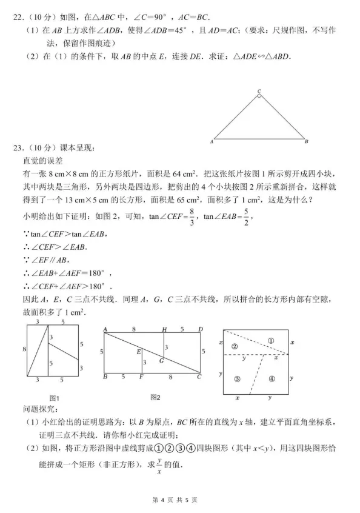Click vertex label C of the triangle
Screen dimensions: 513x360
tap(259, 92)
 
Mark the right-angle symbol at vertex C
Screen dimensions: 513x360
tap(259, 96)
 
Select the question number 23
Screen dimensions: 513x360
tap(19, 147)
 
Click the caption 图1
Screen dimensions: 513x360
tap(53, 398)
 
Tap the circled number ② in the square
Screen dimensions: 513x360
tap(234, 346)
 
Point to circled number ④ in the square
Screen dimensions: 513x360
tap(271, 379)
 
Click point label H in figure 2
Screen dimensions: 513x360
tap(164, 329)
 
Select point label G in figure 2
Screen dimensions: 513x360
tap(161, 360)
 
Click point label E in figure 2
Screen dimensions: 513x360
tap(139, 351)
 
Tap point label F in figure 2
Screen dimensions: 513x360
tap(141, 377)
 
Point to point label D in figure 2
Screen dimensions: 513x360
tap(201, 329)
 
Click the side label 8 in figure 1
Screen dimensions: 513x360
tap(24, 349)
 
